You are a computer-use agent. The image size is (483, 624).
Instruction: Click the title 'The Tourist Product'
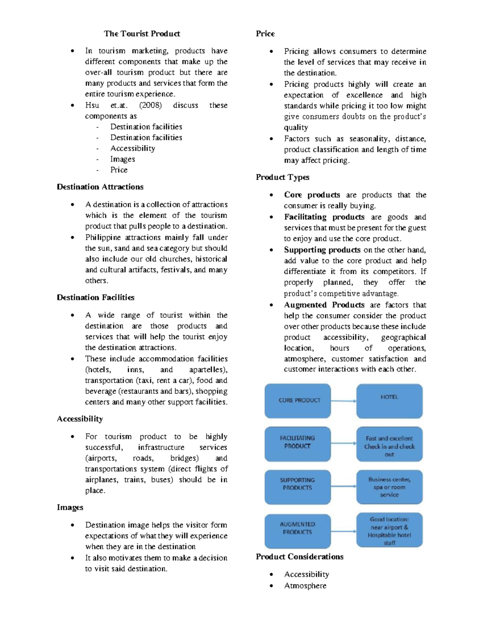[x=142, y=34]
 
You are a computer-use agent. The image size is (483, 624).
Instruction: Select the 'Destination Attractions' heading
[x=100, y=187]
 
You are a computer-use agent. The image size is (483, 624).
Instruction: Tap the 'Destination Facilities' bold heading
[x=95, y=298]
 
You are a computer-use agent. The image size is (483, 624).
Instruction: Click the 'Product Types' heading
[x=283, y=177]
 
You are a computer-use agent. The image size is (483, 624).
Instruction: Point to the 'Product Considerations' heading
[x=299, y=557]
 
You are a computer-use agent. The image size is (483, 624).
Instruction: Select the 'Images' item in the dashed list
[x=123, y=159]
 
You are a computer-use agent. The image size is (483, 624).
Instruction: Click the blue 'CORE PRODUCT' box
[x=297, y=401]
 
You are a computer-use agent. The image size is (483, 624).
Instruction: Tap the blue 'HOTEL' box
[x=389, y=401]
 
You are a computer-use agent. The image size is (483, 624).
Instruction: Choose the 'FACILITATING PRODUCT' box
[x=297, y=444]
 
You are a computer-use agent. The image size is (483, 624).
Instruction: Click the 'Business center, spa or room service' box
[x=389, y=487]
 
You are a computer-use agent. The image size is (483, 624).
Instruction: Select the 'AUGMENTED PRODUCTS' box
[x=297, y=530]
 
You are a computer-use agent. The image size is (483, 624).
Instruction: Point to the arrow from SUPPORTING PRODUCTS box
[x=343, y=487]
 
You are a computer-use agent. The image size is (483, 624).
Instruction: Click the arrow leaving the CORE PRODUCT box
[x=343, y=401]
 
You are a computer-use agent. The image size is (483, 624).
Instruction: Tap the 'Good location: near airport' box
[x=389, y=530]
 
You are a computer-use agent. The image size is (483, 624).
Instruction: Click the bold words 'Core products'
[x=312, y=195]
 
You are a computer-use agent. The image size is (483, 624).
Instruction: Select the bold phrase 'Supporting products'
[x=322, y=250]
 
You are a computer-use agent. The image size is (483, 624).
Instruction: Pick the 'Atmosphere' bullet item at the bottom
[x=305, y=586]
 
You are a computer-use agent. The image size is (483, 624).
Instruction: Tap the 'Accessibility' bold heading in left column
[x=80, y=419]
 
